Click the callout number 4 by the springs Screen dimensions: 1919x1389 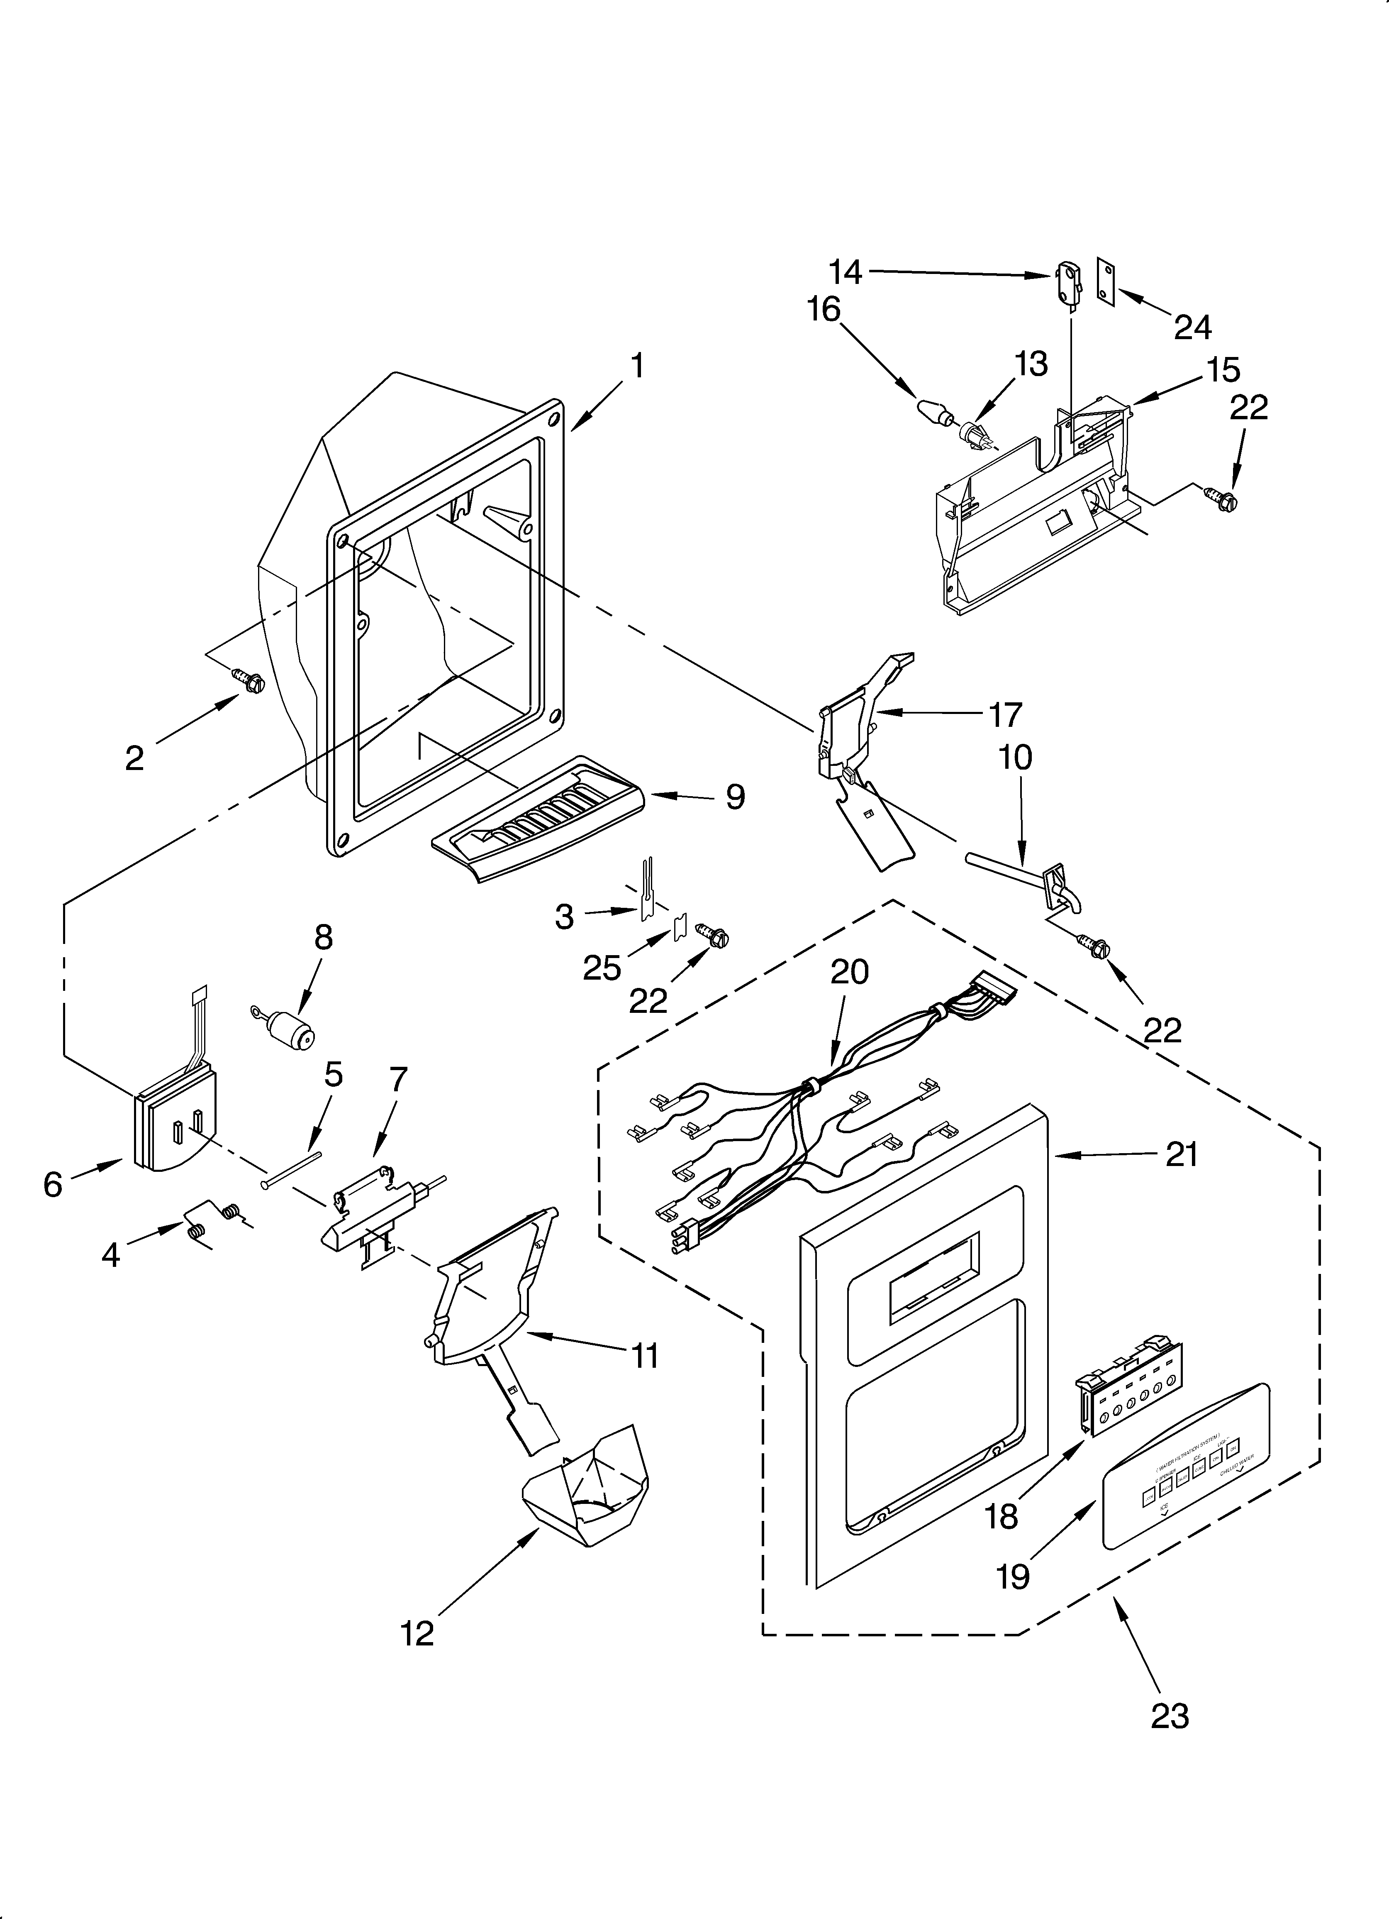[111, 1255]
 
